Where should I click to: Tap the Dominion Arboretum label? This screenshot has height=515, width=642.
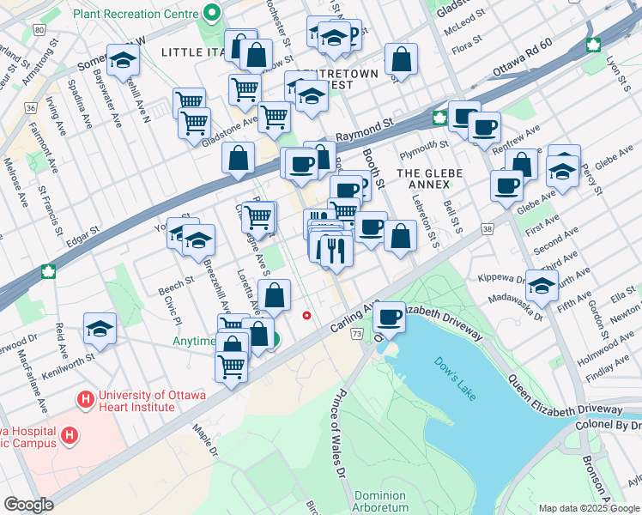pos(381,501)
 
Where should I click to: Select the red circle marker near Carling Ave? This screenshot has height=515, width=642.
pos(306,315)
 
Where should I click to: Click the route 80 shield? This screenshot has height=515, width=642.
pos(39,29)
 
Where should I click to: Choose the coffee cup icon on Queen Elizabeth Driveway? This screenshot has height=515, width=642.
pos(390,318)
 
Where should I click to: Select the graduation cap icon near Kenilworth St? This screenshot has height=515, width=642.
pos(100,328)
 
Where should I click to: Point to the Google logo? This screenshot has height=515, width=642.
pos(28,505)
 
